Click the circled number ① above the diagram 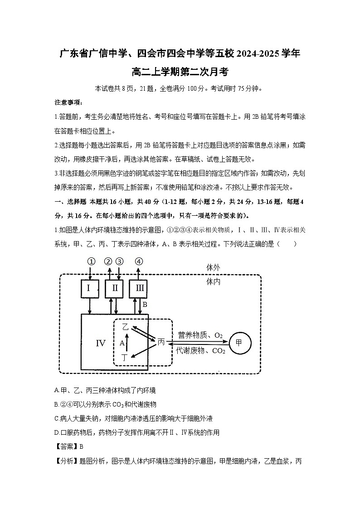coord(91,262)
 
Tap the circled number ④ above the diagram coord(139,262)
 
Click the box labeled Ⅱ coord(115,288)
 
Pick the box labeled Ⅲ coord(139,288)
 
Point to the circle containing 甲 coord(239,343)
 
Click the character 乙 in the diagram coord(126,327)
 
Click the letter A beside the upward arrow coord(122,343)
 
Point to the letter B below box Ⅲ coord(145,305)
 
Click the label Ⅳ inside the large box coord(100,343)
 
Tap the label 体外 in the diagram coord(213,267)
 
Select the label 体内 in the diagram coord(213,281)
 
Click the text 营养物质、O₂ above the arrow coord(200,335)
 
